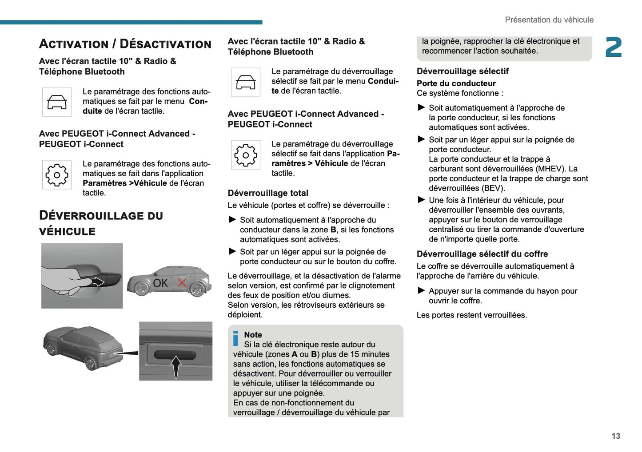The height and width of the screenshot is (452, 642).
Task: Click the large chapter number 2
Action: (614, 47)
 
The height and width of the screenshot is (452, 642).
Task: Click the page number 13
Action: (616, 436)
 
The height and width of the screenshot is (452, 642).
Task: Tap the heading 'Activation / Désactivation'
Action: (125, 44)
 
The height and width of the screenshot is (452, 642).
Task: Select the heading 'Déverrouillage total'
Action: (268, 193)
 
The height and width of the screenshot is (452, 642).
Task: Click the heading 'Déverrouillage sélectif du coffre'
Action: (482, 254)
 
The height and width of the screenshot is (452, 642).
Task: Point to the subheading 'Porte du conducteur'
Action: (456, 83)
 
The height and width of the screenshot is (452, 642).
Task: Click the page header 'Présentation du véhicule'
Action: (549, 20)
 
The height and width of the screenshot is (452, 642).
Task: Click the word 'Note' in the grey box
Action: (253, 335)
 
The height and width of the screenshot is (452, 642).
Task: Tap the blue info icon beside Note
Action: (236, 338)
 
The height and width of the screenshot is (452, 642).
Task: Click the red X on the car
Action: (182, 283)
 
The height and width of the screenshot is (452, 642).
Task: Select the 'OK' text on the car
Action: (160, 283)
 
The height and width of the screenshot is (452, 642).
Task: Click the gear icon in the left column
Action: (57, 175)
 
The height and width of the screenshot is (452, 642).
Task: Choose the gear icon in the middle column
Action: (246, 155)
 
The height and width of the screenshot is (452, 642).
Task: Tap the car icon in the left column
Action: (57, 102)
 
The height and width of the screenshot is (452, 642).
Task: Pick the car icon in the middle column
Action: (246, 82)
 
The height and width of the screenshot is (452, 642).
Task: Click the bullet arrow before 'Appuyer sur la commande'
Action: (422, 291)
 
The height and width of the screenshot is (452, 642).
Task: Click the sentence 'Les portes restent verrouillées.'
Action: (471, 315)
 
